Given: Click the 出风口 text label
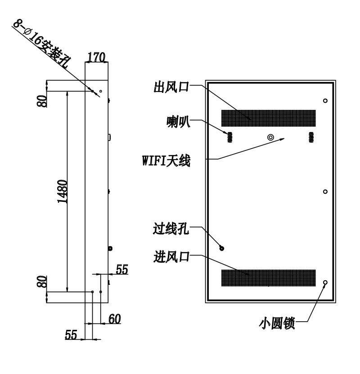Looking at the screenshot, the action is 171,87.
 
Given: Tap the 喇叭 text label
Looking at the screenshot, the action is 178,122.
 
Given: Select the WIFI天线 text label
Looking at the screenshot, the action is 166,160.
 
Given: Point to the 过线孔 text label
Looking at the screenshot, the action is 171,229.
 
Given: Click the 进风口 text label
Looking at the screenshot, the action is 171,257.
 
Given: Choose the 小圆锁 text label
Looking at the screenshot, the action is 277,323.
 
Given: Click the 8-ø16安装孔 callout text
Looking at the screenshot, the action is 42,44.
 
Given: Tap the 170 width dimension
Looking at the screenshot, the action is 96,57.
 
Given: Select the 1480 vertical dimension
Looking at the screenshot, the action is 63,192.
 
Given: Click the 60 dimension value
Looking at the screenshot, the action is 115,319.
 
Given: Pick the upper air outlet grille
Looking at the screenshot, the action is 269,118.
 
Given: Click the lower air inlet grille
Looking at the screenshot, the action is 269,278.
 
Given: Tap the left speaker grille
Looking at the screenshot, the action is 229,137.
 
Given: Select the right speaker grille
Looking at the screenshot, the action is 311,137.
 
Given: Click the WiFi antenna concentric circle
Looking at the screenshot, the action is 270,137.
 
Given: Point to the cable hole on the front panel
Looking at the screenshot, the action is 221,248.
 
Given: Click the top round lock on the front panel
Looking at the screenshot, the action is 325,100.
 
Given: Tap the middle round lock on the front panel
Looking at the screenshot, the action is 325,192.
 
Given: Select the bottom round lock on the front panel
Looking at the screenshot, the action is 325,283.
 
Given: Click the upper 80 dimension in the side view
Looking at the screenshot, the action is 42,101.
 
